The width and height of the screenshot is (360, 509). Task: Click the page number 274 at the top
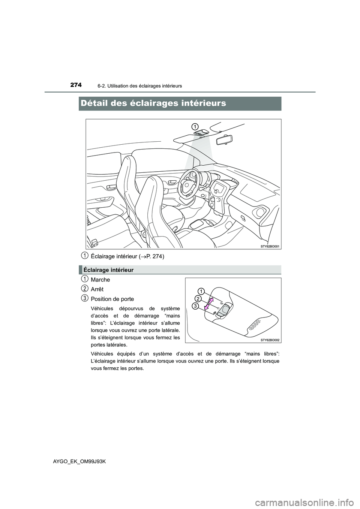click(75, 85)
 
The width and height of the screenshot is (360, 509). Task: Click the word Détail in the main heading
click(99, 103)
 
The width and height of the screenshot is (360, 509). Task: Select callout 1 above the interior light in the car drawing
click(195, 125)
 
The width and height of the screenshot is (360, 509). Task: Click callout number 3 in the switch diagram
click(195, 306)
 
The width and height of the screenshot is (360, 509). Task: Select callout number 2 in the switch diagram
click(198, 298)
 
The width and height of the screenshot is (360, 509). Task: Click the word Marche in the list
click(100, 280)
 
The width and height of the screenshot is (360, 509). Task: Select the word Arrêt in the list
click(97, 289)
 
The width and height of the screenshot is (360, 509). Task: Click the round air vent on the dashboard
click(258, 213)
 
